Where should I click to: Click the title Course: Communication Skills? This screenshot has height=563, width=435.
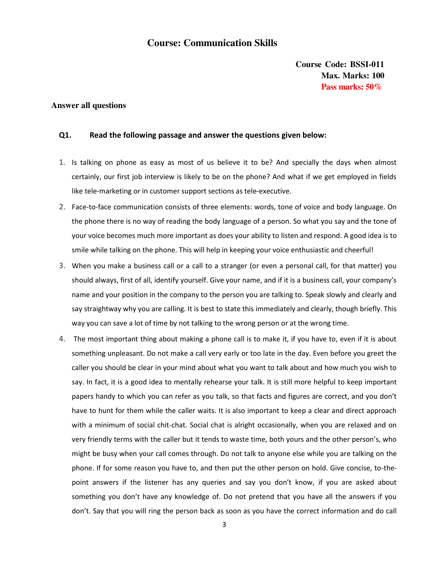tap(212, 43)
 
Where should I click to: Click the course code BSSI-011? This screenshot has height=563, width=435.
tap(367, 64)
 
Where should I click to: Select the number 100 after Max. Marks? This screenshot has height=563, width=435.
tap(378, 75)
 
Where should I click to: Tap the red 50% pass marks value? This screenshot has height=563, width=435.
tap(373, 87)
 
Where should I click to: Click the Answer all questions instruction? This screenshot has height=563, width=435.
tap(88, 105)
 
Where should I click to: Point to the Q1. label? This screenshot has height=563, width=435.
tap(65, 135)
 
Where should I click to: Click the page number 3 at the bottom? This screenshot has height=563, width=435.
tap(224, 525)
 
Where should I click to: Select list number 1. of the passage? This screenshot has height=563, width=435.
tap(62, 163)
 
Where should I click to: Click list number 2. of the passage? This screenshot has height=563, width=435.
tap(62, 207)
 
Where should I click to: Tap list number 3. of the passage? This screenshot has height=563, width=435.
tap(62, 266)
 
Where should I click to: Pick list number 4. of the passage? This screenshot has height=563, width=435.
tap(62, 339)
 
